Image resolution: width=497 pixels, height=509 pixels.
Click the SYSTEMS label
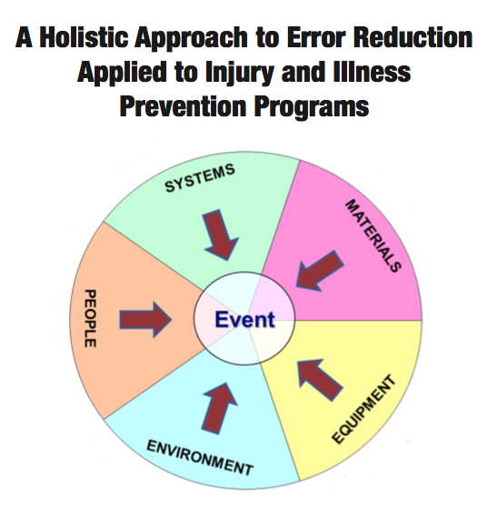(200, 178)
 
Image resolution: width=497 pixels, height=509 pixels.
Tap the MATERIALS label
(373, 235)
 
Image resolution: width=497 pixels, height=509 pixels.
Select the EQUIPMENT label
(363, 409)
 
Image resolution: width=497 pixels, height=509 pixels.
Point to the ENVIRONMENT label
(200, 458)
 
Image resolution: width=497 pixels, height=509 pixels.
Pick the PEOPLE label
(90, 318)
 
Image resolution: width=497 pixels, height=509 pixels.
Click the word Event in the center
(245, 319)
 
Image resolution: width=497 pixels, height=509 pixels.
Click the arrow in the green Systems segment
(220, 235)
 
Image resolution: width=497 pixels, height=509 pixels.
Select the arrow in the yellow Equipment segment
(320, 379)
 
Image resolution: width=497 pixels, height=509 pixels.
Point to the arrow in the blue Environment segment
(219, 408)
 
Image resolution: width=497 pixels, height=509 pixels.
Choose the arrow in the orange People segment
(145, 320)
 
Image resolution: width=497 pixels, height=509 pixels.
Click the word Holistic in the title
(85, 37)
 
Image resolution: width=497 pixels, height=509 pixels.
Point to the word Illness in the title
(373, 72)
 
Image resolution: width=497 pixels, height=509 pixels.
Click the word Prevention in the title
(184, 106)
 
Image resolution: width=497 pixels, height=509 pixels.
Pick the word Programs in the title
(312, 107)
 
